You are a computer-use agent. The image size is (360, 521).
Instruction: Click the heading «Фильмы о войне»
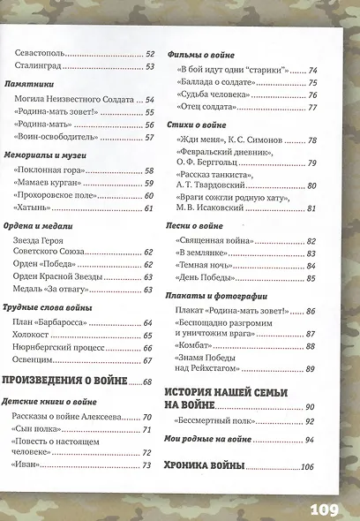coord(199,52)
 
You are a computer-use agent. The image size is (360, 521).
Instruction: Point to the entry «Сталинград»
coord(40,65)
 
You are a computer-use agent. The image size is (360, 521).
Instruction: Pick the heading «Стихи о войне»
coord(192,126)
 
